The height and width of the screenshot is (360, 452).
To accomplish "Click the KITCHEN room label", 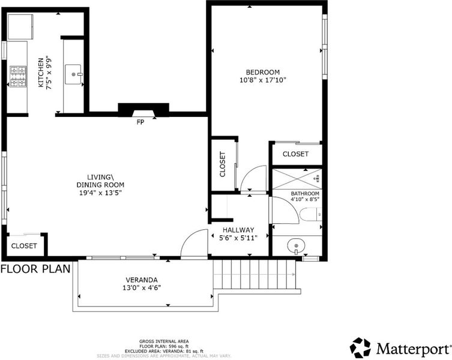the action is click(x=41, y=73).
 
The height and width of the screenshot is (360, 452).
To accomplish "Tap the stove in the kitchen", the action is click(x=18, y=76).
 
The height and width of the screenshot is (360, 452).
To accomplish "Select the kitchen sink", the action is click(x=73, y=74).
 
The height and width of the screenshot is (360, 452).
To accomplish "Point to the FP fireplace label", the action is click(x=140, y=122).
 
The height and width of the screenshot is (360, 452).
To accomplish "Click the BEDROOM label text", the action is click(x=262, y=72).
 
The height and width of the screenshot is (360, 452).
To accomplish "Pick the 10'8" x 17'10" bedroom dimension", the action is click(x=262, y=80).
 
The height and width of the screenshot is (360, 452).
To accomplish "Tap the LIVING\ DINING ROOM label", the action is click(x=100, y=181).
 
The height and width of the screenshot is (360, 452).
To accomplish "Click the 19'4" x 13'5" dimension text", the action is click(x=100, y=193).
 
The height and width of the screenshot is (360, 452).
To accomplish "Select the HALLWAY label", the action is click(x=238, y=230).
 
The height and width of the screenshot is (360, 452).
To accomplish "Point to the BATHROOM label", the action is click(x=305, y=193).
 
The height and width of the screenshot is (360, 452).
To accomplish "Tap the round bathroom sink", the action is click(x=296, y=246).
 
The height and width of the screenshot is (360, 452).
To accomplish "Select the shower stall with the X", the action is click(x=297, y=179).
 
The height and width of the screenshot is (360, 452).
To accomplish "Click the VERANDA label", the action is click(x=142, y=280).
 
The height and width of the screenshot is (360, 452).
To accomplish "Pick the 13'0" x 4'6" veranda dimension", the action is click(x=142, y=287).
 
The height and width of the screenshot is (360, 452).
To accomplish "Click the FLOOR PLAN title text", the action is click(x=35, y=269).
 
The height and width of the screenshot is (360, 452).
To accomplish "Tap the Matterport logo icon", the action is click(x=360, y=347).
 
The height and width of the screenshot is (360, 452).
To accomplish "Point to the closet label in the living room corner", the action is click(x=24, y=246).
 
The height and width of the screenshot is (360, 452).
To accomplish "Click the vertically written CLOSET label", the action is click(x=222, y=164).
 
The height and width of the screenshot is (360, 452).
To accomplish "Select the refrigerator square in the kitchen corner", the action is click(x=20, y=26).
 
